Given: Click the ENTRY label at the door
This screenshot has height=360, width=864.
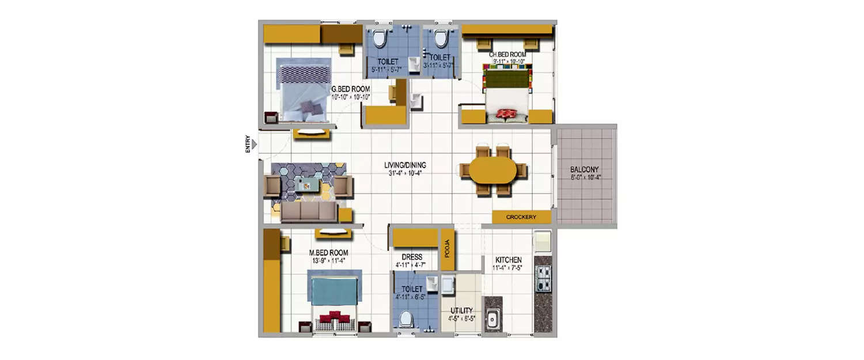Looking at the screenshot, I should [248, 143].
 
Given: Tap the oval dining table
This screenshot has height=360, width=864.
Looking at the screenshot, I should [493, 170].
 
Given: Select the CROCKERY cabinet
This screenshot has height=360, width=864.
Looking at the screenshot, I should [521, 217].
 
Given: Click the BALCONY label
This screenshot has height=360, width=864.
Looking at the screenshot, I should [584, 170].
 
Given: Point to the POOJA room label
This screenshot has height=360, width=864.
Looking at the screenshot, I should [447, 251].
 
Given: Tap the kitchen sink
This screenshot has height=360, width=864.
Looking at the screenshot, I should [492, 320].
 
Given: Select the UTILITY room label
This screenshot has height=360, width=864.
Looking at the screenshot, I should [461, 310].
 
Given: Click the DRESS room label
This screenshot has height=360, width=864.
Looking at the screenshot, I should [412, 257].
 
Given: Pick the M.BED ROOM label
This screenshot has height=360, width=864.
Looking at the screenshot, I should [328, 253].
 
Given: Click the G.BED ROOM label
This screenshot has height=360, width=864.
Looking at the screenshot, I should [350, 89].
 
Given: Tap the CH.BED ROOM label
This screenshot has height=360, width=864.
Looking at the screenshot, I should [507, 55].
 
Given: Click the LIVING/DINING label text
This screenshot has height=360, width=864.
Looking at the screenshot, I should [406, 165].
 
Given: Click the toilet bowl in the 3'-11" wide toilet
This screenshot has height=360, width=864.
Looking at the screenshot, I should [441, 39].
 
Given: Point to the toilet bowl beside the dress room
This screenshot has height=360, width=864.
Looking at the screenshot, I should [407, 318].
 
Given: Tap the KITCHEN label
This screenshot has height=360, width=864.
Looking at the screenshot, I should [508, 260].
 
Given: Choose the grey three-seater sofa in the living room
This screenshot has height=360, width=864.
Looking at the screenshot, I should [309, 213].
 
